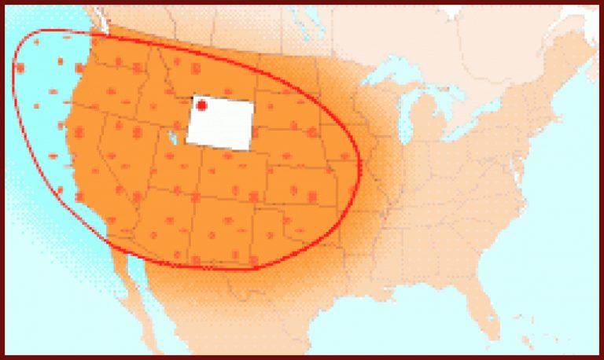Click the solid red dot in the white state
tap(201, 105)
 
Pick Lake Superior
tap(393, 74)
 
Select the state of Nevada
tap(126, 157)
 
